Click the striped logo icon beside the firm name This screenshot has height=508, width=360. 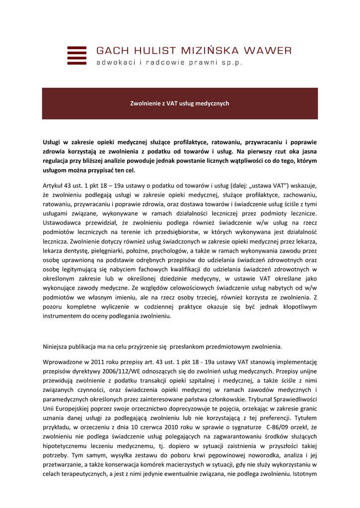[76, 55]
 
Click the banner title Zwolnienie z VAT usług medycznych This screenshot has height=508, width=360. [179, 104]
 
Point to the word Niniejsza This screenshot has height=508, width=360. [56, 346]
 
